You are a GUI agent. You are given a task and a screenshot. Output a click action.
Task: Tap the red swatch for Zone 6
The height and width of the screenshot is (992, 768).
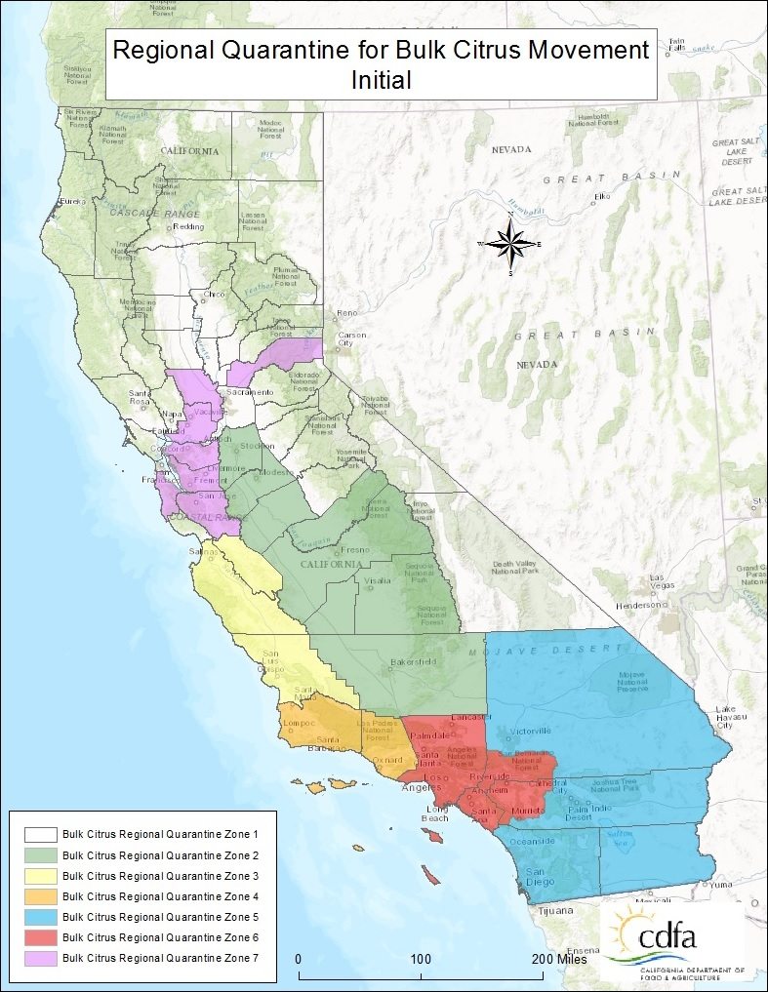point(39,937)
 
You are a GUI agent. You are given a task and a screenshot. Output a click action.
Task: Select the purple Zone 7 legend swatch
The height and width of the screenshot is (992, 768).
point(39,958)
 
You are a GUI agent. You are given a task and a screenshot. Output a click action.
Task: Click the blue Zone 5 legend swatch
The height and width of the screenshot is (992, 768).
point(39,917)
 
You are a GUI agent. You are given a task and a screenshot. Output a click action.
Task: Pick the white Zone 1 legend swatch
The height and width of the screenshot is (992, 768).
point(39,835)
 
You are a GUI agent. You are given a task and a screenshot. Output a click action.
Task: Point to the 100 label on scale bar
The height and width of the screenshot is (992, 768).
point(421,959)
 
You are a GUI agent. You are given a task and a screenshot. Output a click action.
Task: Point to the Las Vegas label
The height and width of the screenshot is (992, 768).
point(665,581)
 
